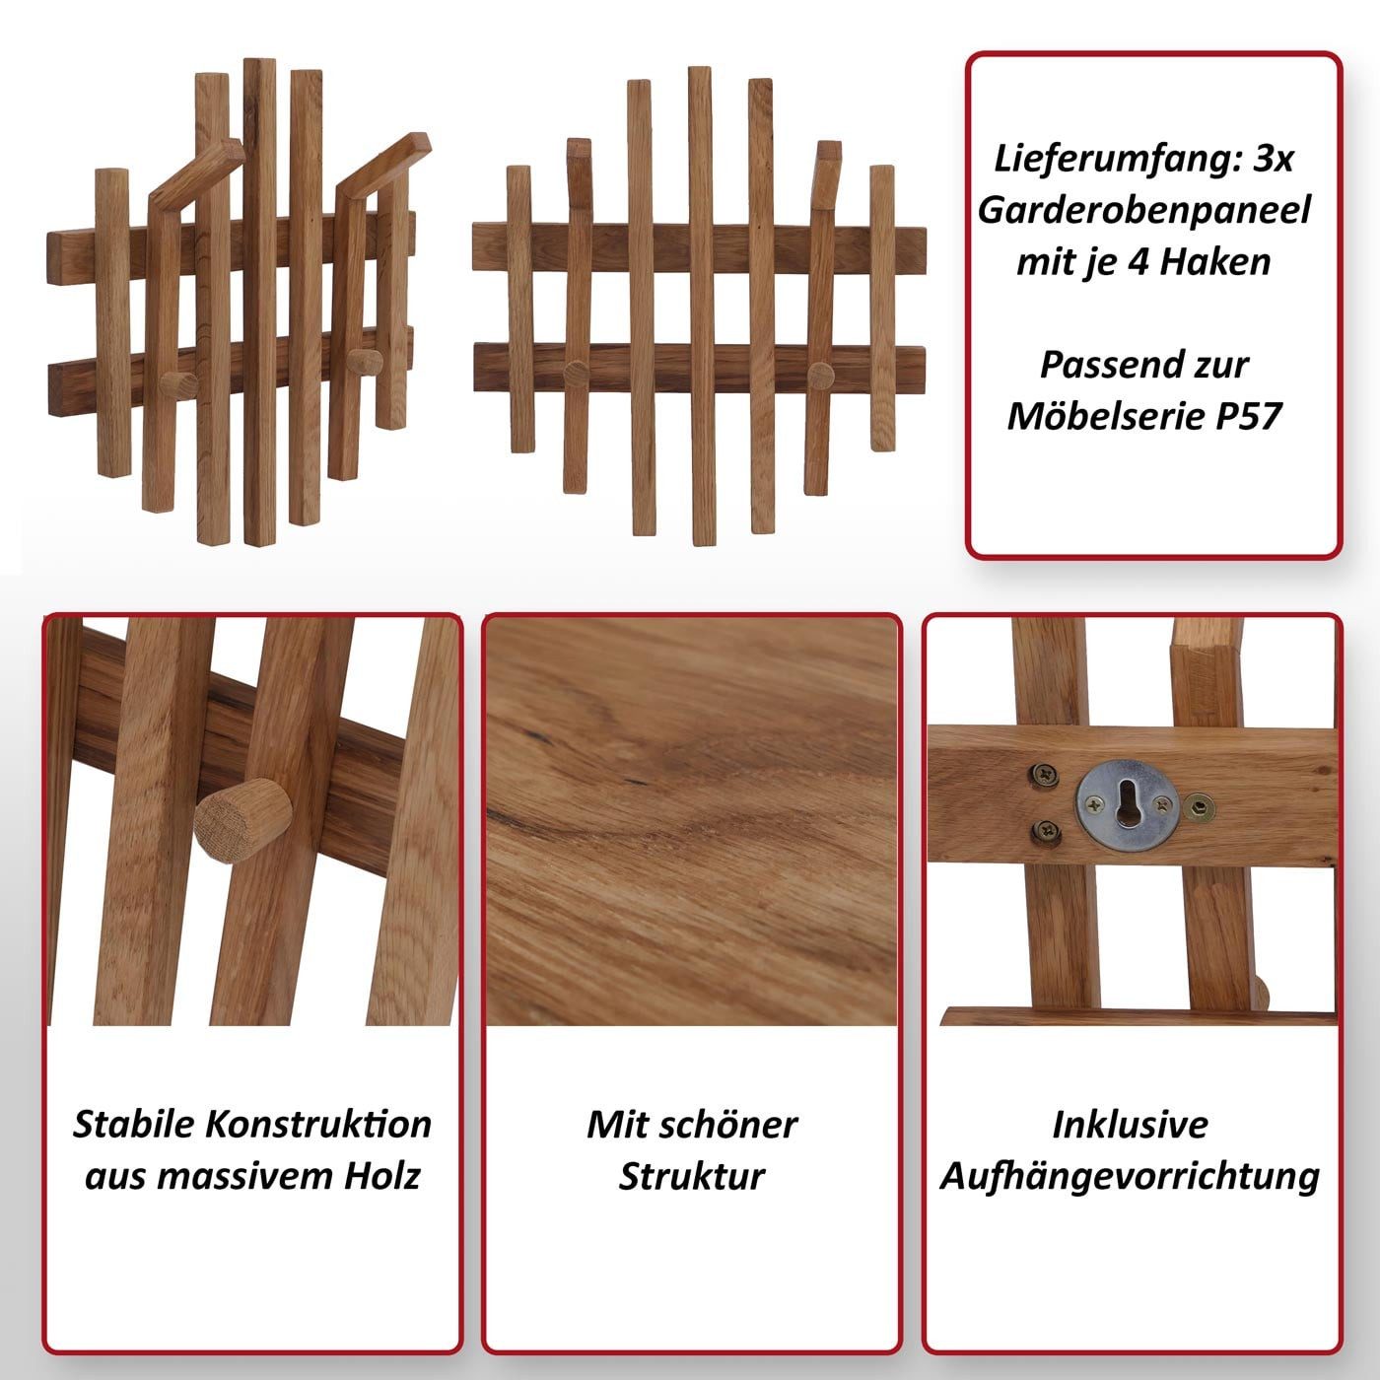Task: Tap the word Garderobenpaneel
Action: pyautogui.click(x=1144, y=211)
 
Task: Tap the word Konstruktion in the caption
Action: pyautogui.click(x=318, y=1124)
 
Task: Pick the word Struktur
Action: pyautogui.click(x=692, y=1176)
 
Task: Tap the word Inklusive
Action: pyautogui.click(x=1130, y=1125)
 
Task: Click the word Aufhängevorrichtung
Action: pyautogui.click(x=1130, y=1177)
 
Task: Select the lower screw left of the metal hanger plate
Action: pyautogui.click(x=1045, y=832)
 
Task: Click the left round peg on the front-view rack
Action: pyautogui.click(x=577, y=372)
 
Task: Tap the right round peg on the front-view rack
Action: pyautogui.click(x=821, y=375)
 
